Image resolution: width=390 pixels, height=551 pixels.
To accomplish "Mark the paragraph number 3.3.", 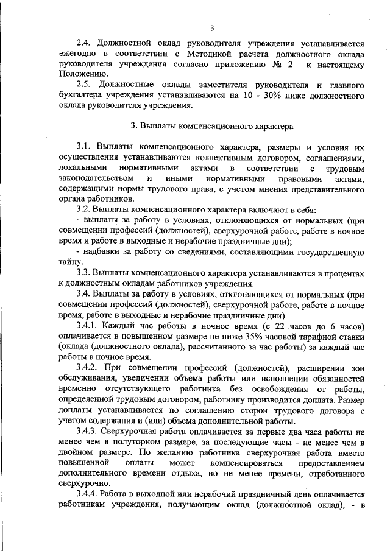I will click(85, 271).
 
